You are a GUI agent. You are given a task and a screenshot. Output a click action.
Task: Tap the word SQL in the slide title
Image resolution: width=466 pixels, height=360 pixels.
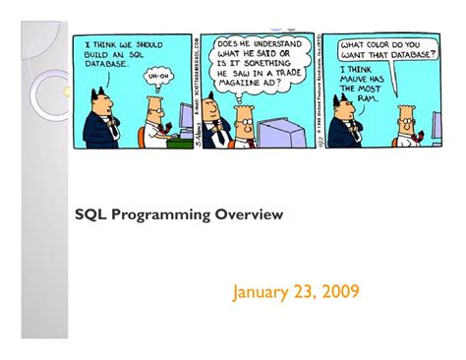89,213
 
